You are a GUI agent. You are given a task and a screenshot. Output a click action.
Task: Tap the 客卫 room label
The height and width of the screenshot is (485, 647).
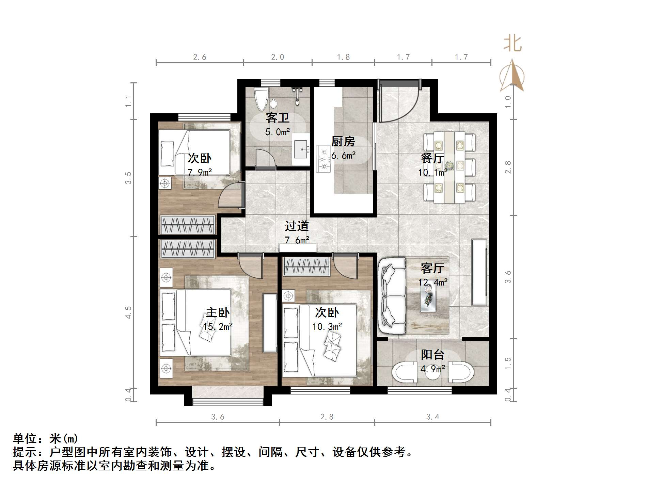tap(278, 118)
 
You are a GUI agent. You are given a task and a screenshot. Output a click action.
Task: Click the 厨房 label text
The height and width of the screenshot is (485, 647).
tap(343, 141)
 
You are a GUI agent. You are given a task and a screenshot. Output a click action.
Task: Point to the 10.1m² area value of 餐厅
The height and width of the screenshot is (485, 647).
tap(432, 173)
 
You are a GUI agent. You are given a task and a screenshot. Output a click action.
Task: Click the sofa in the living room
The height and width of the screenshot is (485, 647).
tap(392, 296)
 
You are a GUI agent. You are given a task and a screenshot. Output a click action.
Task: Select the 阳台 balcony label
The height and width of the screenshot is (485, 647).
tap(432, 355)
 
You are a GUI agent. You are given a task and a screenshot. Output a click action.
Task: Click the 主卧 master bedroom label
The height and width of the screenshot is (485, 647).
tap(218, 312)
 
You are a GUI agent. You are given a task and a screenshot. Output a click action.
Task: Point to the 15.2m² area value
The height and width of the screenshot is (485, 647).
tap(218, 327)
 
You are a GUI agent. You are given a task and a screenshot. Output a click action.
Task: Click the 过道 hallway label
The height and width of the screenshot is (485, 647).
tap(297, 226)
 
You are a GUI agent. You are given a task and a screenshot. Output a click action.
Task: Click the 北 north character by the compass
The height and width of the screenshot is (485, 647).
tap(512, 44)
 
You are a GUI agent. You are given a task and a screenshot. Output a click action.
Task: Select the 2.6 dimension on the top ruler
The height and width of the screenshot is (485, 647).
tap(200, 57)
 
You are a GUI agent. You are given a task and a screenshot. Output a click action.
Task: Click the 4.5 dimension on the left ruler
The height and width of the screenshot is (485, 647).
tap(128, 312)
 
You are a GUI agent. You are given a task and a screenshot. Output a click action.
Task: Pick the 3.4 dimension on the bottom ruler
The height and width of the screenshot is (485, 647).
tap(432, 417)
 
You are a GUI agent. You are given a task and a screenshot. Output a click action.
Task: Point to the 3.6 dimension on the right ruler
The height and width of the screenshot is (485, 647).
tap(508, 277)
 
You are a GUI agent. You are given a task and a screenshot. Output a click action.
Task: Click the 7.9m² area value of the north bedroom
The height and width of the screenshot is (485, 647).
tap(200, 173)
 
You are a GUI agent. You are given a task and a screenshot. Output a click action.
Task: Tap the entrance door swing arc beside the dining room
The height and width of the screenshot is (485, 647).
tap(402, 106)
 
